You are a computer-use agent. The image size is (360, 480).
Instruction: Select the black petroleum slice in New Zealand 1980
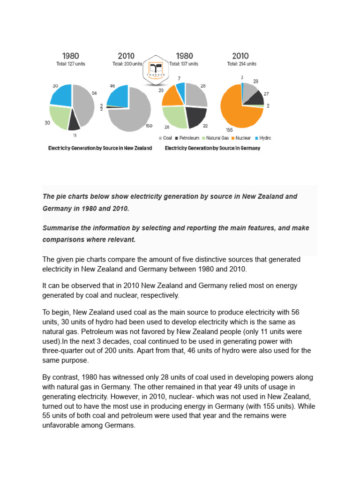[x=74, y=122]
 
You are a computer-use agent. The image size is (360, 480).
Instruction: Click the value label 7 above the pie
[x=179, y=78]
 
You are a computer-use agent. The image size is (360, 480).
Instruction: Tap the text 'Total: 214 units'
[x=241, y=64]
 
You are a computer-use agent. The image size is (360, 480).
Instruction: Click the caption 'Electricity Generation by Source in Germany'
[x=212, y=148]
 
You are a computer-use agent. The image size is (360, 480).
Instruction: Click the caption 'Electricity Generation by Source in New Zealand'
[x=100, y=148]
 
